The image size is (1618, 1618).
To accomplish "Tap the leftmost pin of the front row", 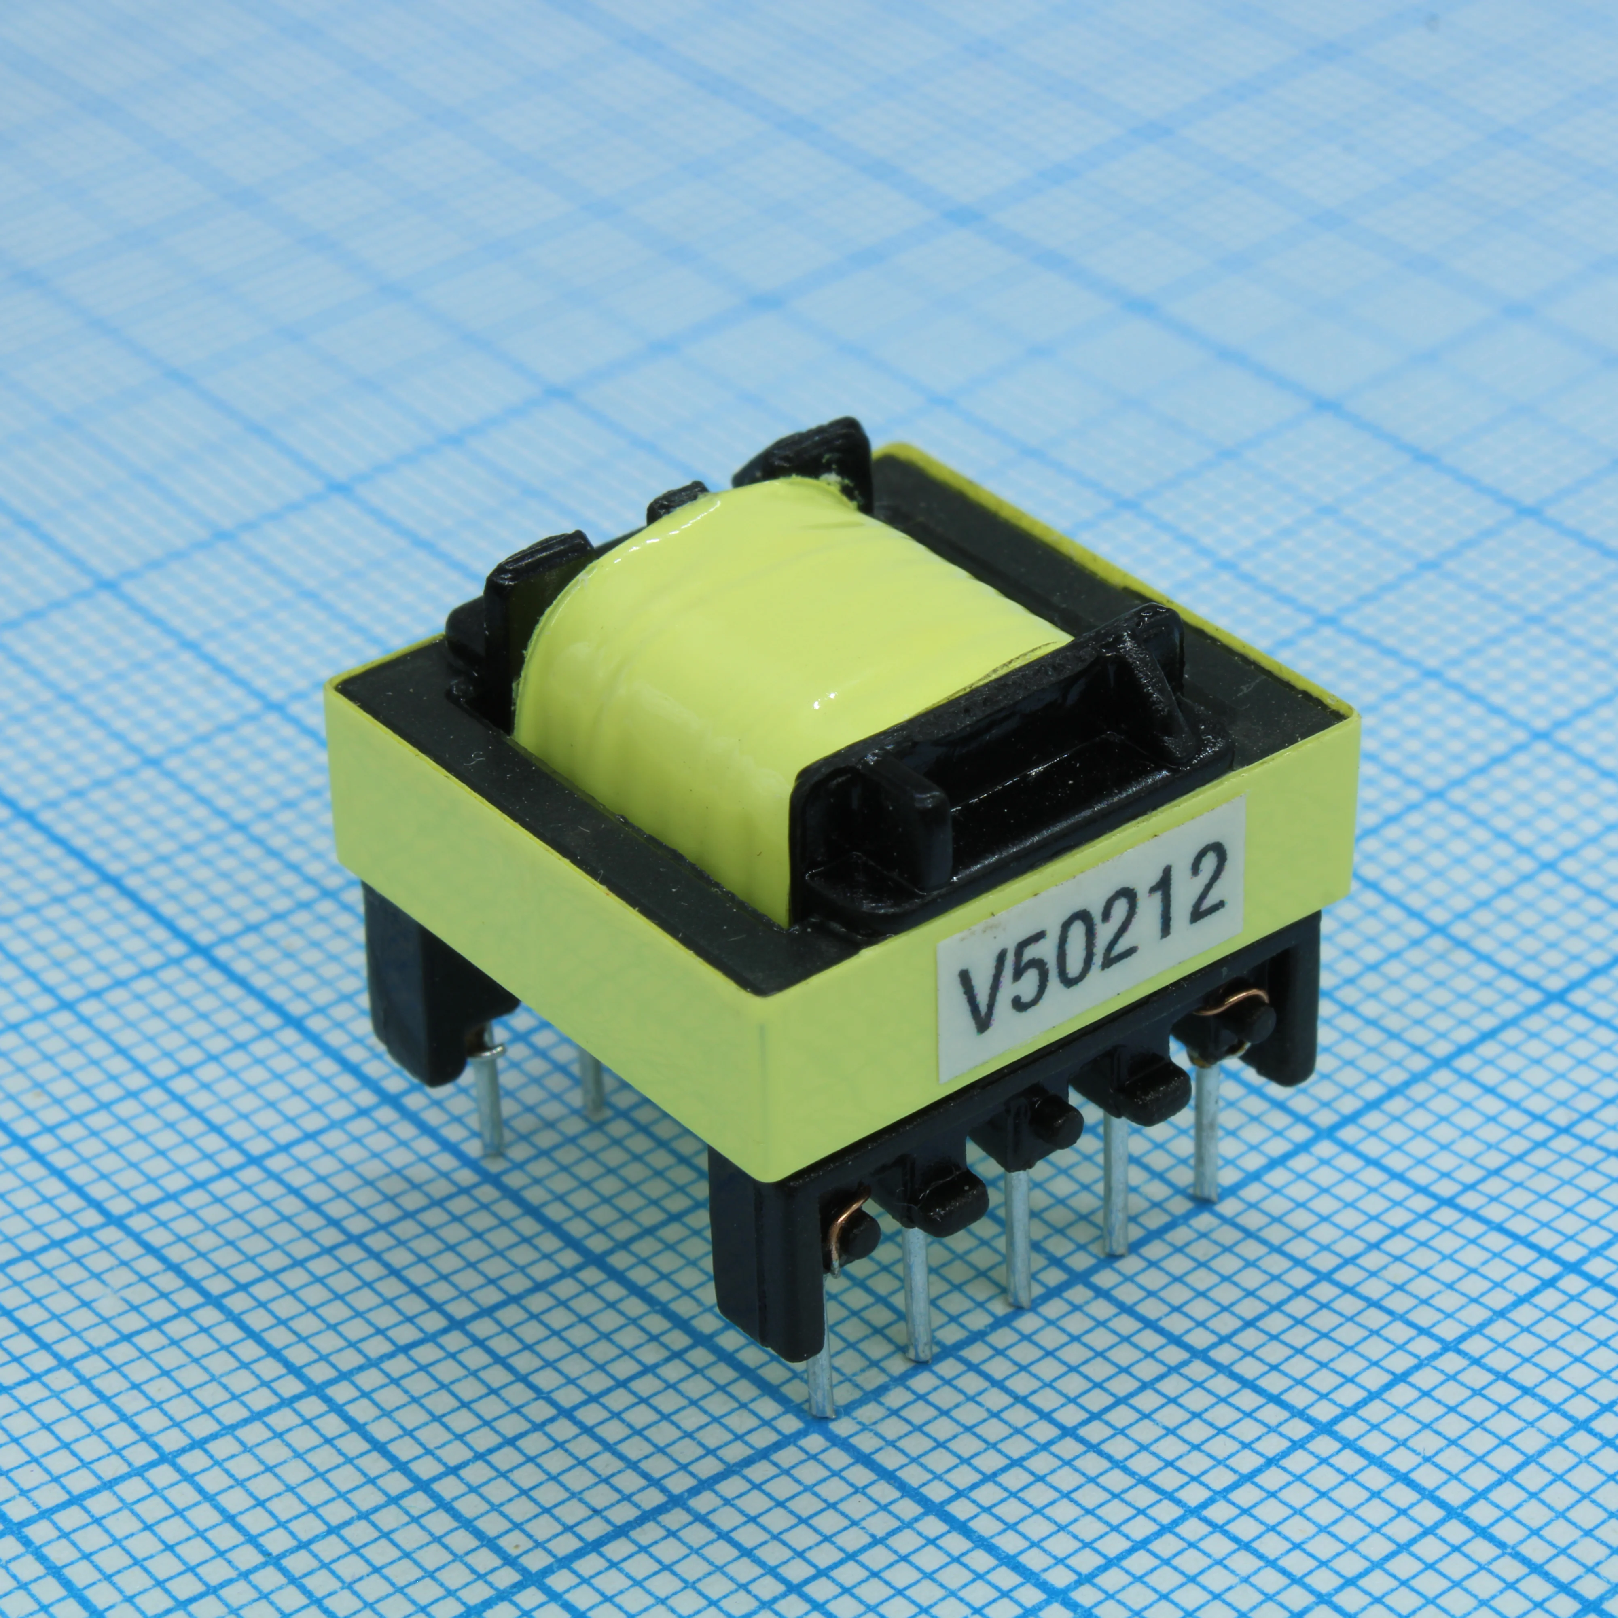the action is point(821,1361).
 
